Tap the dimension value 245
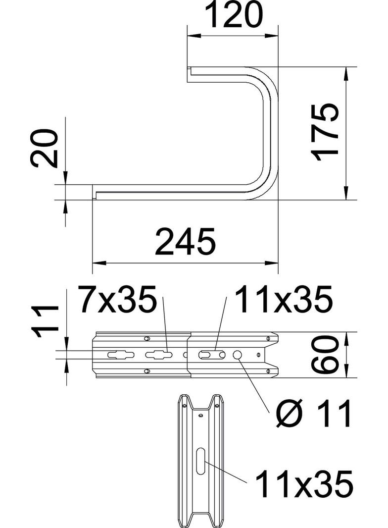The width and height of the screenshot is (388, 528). (x=185, y=242)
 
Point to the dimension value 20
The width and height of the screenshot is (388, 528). (x=45, y=149)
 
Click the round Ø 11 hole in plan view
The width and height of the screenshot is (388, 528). (x=238, y=355)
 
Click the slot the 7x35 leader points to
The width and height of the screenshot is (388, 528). (x=159, y=355)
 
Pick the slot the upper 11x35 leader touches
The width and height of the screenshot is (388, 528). (x=212, y=355)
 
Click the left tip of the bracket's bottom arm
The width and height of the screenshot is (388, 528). (x=95, y=192)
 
